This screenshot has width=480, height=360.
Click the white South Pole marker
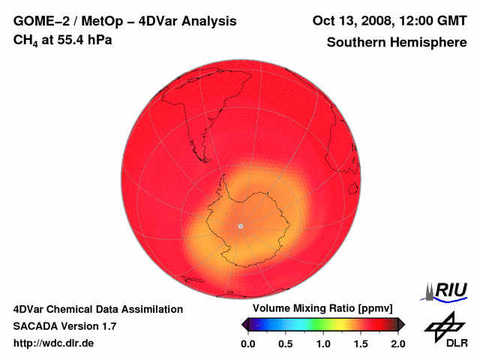pyautogui.click(x=240, y=226)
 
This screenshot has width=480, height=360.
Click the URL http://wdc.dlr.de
pyautogui.click(x=54, y=343)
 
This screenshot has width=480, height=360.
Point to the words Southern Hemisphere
pyautogui.click(x=396, y=43)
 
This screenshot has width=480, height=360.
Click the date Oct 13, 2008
pyautogui.click(x=352, y=21)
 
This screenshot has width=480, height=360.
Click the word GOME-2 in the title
pyautogui.click(x=37, y=21)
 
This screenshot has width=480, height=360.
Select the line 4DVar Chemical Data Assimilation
pyautogui.click(x=97, y=309)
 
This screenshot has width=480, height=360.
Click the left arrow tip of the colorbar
pyautogui.click(x=244, y=324)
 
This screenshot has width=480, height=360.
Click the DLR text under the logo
pyautogui.click(x=456, y=343)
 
